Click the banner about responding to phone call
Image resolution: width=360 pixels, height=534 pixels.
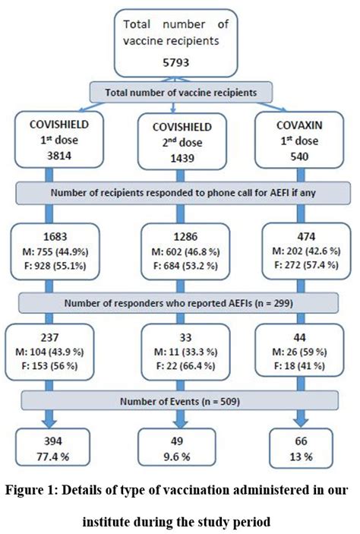pyautogui.click(x=180, y=193)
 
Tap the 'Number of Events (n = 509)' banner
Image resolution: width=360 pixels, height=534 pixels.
pyautogui.click(x=180, y=400)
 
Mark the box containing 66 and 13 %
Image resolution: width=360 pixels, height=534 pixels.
pyautogui.click(x=297, y=450)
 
